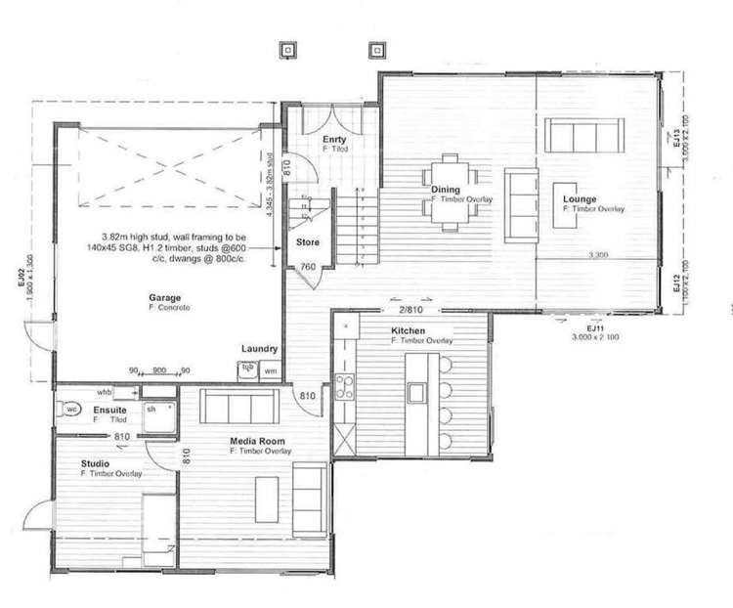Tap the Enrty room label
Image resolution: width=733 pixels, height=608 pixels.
335,139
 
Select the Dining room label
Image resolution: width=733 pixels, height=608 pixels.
447,191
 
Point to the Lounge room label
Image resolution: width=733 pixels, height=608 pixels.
580,200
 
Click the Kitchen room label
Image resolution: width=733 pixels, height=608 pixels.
408,331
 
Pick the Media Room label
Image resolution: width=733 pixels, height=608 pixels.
250,442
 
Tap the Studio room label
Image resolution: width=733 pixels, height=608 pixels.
95,463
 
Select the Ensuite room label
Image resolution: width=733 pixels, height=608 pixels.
108,409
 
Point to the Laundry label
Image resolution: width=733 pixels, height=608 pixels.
260,348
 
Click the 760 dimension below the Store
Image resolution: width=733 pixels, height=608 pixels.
306,267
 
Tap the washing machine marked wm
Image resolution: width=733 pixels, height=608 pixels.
270,371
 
